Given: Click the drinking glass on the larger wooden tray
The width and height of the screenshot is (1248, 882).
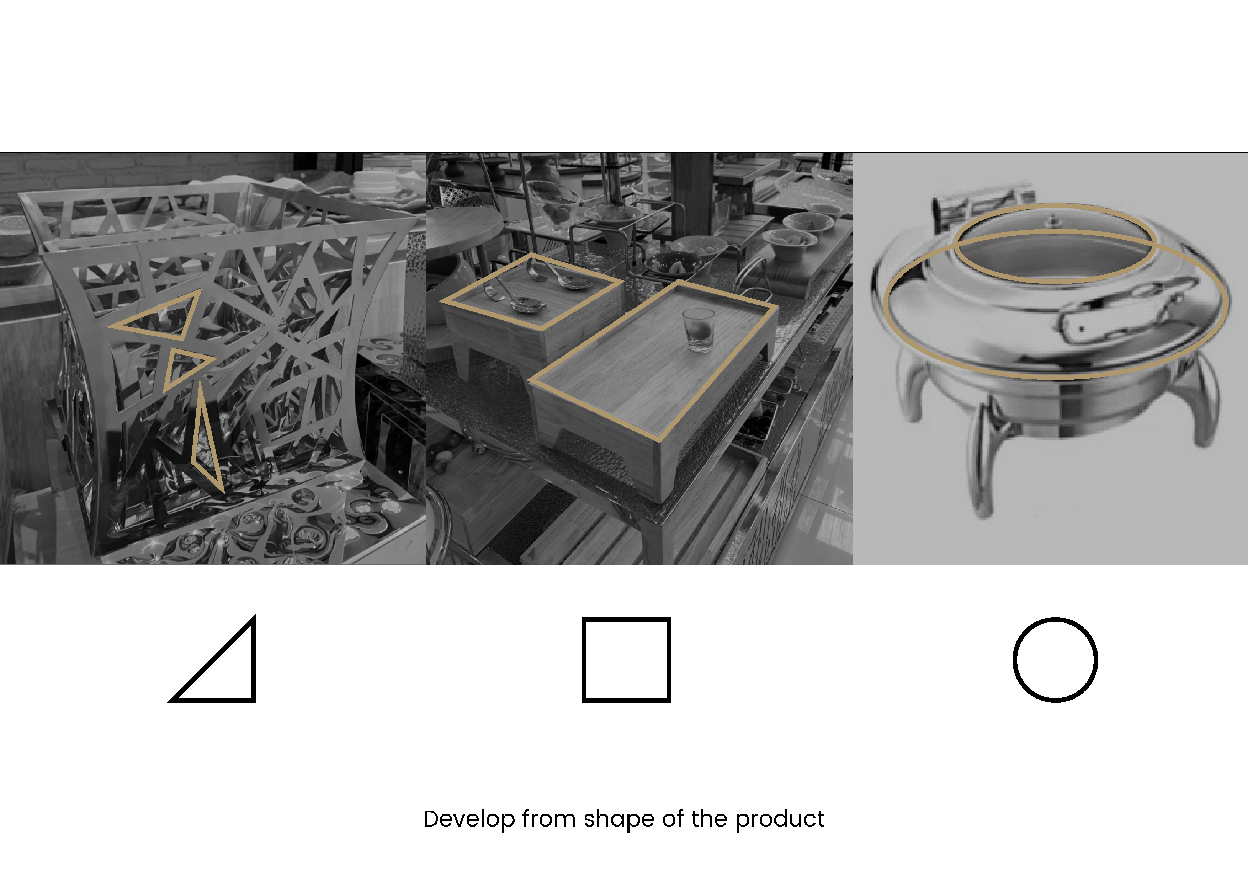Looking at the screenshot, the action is (x=698, y=330).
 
